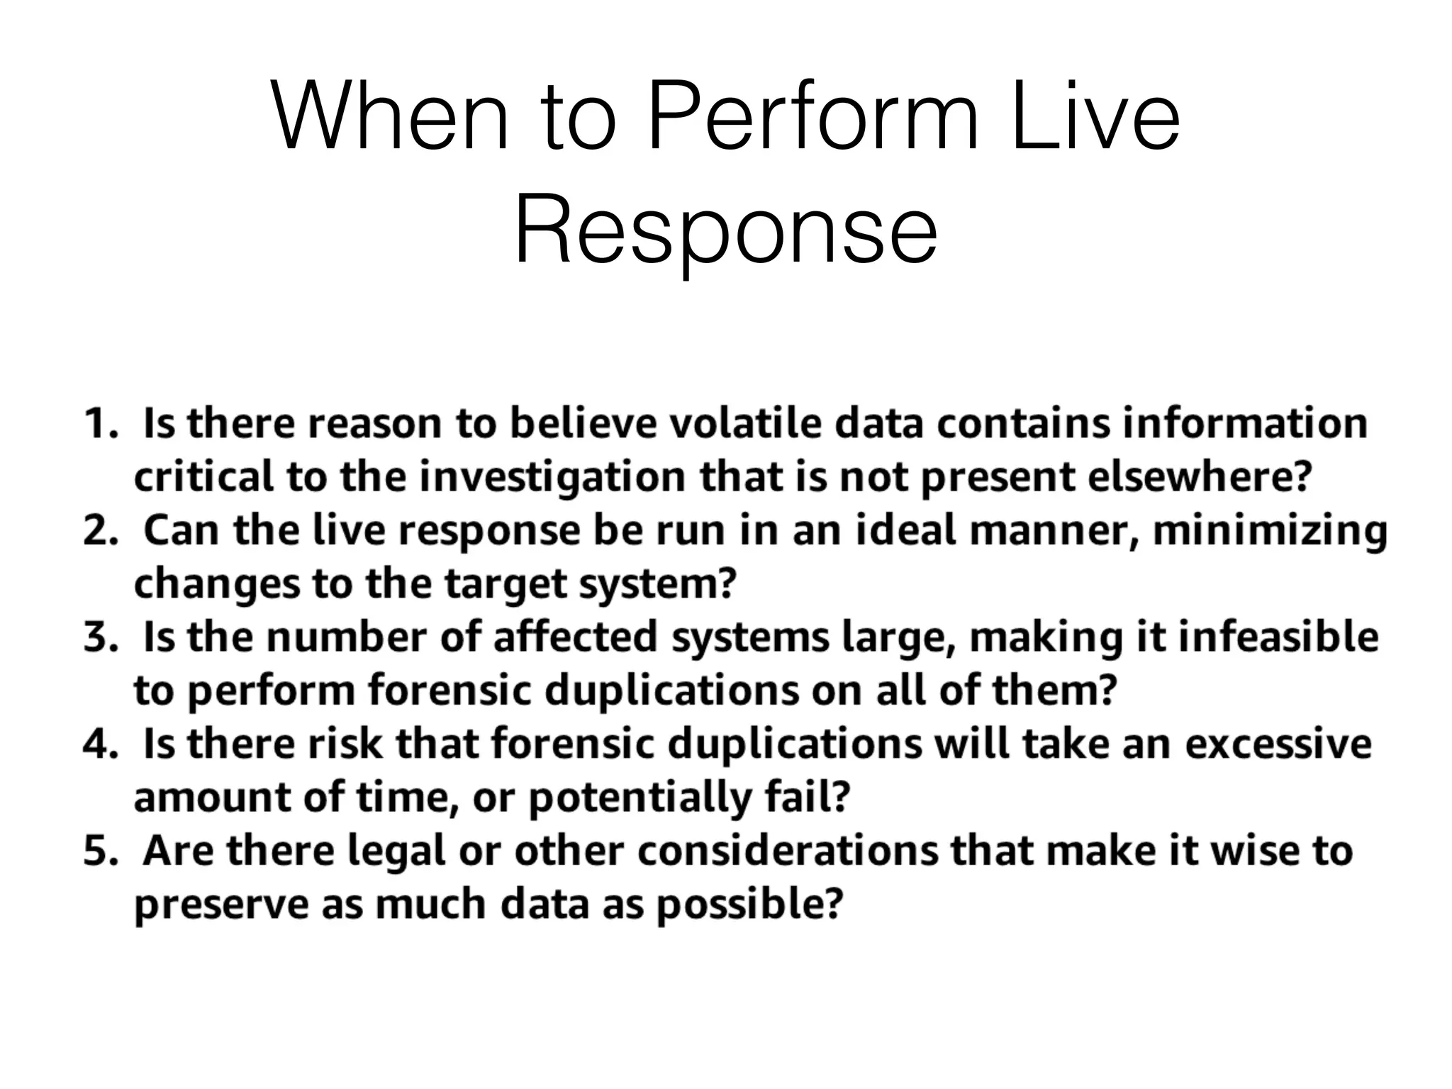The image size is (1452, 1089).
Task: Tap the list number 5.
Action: [99, 851]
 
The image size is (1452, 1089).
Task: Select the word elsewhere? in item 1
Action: [1199, 476]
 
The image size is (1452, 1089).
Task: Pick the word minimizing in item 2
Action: [1270, 530]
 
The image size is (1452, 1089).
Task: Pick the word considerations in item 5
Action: [787, 851]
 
